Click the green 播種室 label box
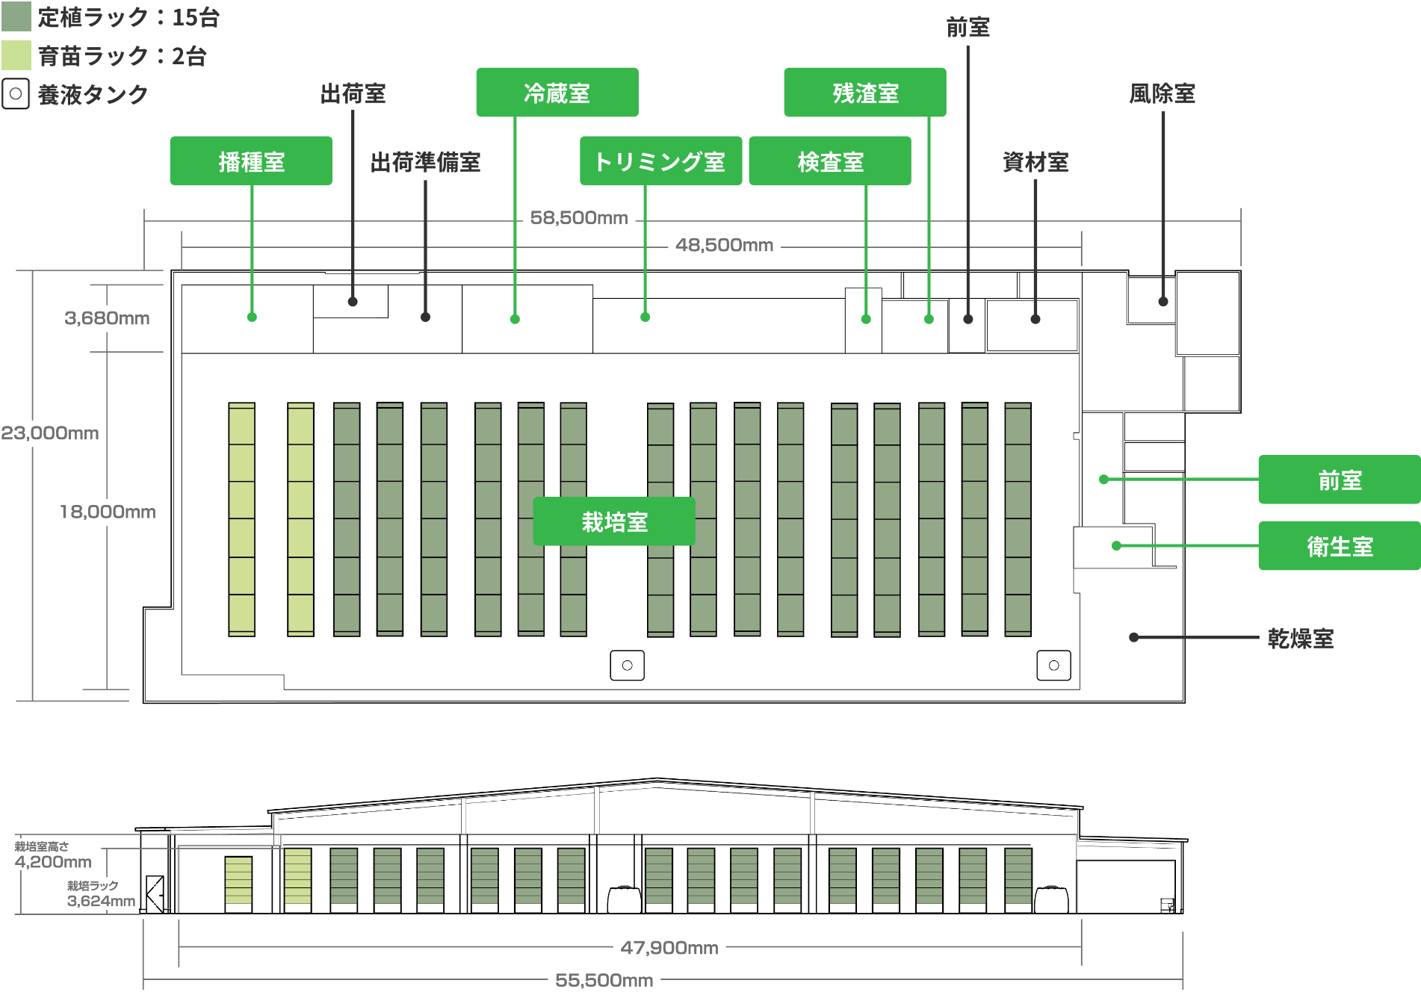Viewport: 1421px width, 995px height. (251, 161)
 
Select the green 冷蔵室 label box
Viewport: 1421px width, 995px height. (557, 93)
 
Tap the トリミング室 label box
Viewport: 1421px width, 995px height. (660, 161)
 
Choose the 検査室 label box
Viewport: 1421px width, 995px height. (830, 161)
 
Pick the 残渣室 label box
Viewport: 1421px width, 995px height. (865, 93)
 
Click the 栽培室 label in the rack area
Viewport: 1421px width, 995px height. (614, 521)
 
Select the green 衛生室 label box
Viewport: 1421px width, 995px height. (1339, 546)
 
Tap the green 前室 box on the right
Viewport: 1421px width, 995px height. (1339, 480)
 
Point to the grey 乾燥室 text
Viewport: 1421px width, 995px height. (1301, 639)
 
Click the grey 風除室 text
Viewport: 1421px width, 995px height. (1162, 93)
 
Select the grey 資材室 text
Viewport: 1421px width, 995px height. (1035, 162)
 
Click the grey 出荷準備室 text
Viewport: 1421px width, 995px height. (425, 162)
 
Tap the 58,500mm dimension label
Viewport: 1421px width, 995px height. (579, 218)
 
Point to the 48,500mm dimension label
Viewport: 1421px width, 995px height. (724, 245)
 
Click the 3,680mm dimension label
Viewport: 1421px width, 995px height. (107, 318)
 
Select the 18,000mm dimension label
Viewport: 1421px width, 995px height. (107, 512)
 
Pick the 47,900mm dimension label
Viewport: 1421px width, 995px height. (669, 948)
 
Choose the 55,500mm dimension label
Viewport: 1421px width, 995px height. (604, 980)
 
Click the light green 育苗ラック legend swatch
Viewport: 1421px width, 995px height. (16, 55)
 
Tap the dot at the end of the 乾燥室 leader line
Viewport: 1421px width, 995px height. (1134, 637)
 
